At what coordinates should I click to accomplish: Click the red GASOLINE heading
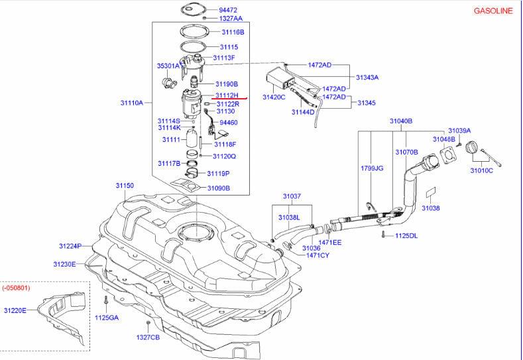click(493, 11)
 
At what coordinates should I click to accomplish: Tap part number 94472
click(228, 10)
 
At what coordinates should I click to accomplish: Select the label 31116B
click(233, 32)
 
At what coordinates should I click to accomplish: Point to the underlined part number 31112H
click(227, 95)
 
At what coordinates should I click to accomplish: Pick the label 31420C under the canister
click(274, 97)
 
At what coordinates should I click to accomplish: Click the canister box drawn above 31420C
click(280, 78)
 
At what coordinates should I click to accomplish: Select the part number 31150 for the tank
click(125, 186)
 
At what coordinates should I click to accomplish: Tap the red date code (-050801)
click(16, 288)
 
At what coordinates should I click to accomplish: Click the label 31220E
click(15, 311)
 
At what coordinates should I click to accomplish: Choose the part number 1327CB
click(148, 337)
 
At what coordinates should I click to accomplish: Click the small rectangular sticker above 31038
click(432, 193)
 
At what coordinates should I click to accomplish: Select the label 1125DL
click(406, 236)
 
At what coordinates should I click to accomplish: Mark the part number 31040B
click(401, 121)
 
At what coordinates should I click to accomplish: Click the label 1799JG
click(372, 168)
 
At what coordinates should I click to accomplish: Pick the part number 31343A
click(367, 78)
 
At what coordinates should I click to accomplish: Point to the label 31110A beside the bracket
click(132, 103)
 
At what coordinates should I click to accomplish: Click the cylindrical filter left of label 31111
click(192, 139)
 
